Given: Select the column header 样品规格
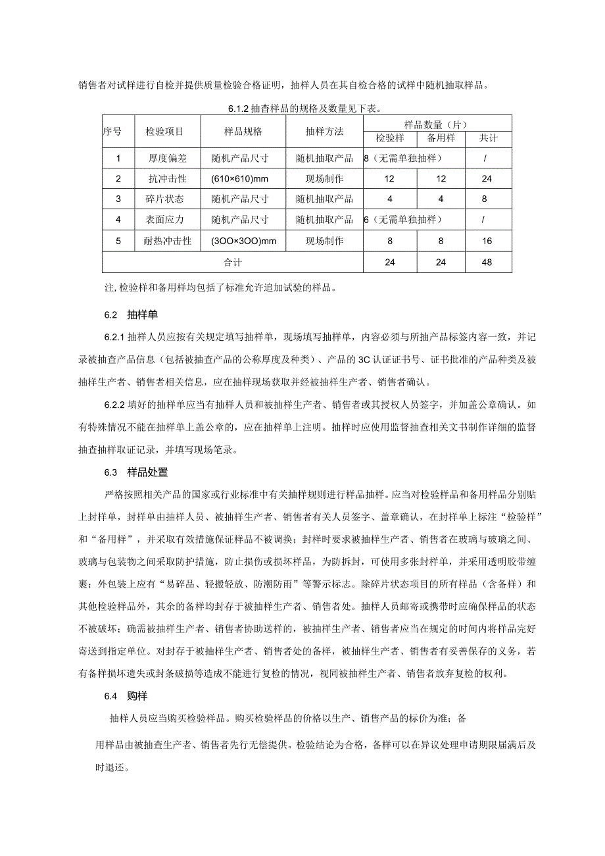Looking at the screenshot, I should click(243, 131).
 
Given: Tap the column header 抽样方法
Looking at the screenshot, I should click(324, 131).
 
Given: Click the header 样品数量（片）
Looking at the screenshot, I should click(437, 123).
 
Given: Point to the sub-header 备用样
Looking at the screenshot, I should click(440, 139).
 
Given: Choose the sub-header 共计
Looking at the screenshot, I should click(488, 139).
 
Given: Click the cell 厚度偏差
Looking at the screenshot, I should click(168, 159).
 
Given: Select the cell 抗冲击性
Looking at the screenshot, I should click(168, 179).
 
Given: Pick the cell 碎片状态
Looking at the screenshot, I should click(168, 199).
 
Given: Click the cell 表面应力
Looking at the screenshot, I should click(168, 220).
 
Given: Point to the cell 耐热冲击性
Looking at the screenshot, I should click(168, 241).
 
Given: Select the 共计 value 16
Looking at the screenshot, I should click(487, 241).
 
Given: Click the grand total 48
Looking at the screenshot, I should click(487, 262).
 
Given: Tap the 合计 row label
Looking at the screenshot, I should click(233, 262).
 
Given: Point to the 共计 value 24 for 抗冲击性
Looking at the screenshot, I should click(487, 179).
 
